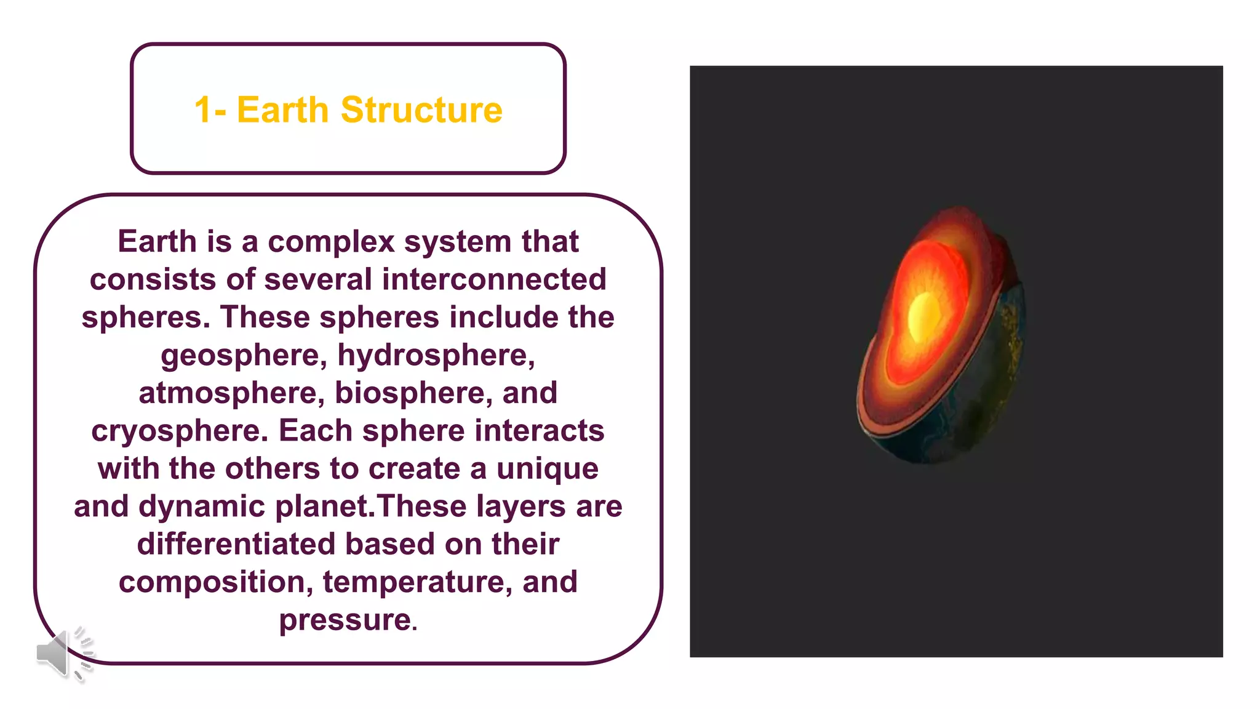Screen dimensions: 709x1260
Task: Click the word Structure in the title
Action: click(x=421, y=110)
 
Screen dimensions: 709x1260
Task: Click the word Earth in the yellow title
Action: click(x=282, y=110)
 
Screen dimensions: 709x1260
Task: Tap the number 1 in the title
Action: click(x=202, y=110)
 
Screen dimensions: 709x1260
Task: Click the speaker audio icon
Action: click(x=62, y=654)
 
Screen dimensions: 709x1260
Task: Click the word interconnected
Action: click(x=494, y=279)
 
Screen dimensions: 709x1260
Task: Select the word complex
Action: click(x=330, y=242)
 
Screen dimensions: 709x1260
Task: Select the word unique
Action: click(x=547, y=469)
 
